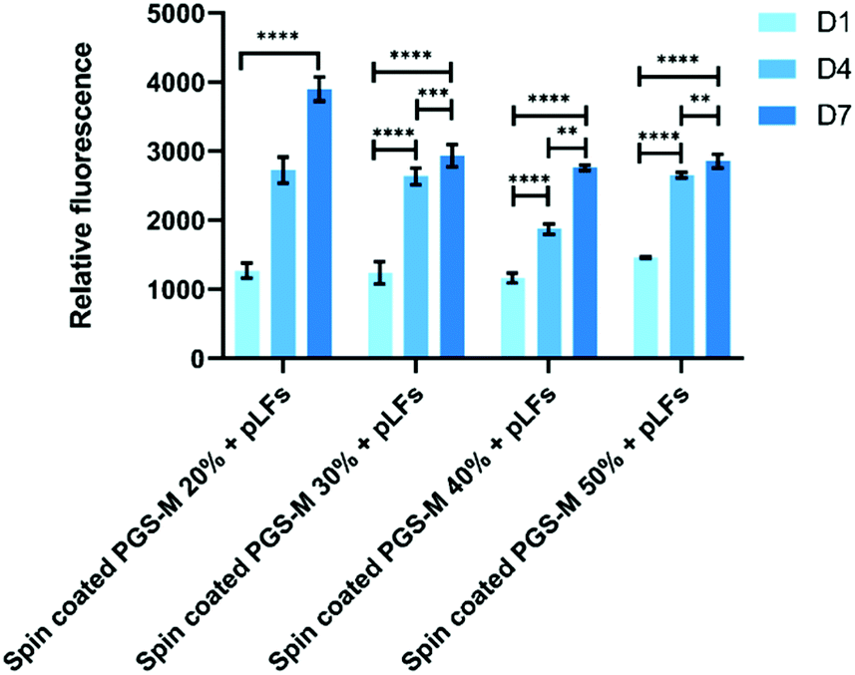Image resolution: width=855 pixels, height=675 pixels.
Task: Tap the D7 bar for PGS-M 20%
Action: [x=319, y=223]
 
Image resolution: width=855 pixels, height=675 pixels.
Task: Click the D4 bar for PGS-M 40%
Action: [x=549, y=293]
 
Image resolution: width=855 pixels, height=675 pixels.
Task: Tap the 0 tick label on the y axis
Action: [x=201, y=358]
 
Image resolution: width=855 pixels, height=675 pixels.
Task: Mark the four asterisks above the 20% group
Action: [x=277, y=38]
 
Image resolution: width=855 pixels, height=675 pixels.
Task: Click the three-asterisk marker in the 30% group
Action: [x=433, y=94]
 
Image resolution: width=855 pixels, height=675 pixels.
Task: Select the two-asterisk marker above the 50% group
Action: [x=698, y=100]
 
